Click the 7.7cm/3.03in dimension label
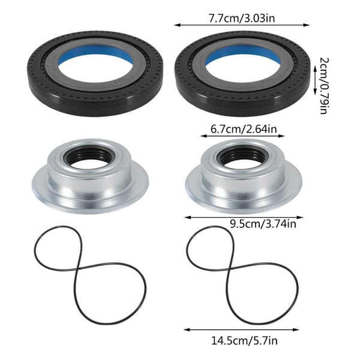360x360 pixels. tap(242, 18)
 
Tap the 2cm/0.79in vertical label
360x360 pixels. tap(324, 86)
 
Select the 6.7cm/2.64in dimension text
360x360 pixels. tap(244, 129)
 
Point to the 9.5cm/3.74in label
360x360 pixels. tap(263, 224)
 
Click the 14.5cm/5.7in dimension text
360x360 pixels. tap(244, 341)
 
